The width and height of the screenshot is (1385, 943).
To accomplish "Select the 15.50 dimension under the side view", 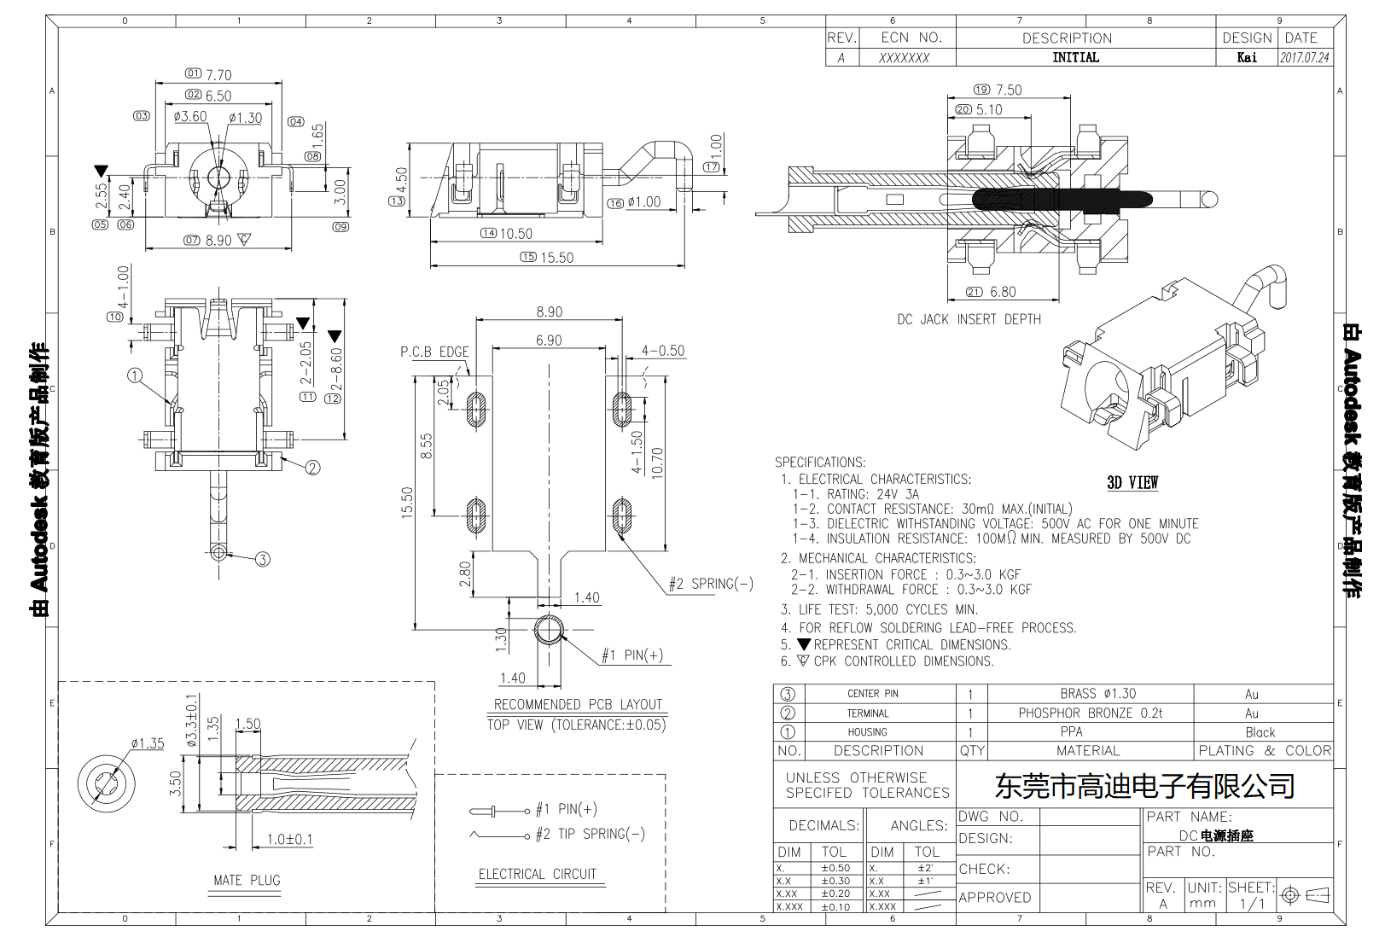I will [556, 258].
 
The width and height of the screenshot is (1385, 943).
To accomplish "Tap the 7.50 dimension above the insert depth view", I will [1008, 90].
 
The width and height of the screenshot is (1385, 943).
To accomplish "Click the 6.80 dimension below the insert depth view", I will [1003, 292].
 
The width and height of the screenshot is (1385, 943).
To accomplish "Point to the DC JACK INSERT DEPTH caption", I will [969, 319].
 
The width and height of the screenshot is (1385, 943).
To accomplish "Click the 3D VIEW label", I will [1132, 483].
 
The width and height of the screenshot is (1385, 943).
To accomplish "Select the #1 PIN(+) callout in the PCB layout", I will [632, 655].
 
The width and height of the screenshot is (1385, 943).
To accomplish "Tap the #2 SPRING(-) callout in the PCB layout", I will [711, 584].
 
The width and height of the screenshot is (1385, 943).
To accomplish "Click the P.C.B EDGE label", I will [434, 352].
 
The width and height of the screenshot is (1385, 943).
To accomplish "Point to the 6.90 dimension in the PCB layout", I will [549, 341].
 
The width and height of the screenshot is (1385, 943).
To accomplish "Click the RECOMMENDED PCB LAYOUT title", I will [578, 704].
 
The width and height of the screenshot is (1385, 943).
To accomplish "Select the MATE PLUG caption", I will [247, 880].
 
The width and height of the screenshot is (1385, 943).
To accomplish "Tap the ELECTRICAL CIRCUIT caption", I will [537, 874].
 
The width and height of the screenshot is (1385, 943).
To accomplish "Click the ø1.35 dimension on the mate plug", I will [147, 743].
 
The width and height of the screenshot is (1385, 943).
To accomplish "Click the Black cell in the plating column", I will [1260, 732].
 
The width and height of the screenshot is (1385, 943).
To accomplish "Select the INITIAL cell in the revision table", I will [1075, 57].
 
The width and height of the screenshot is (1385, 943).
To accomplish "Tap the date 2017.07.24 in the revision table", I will [1304, 58].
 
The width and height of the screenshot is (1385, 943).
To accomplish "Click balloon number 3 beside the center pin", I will [262, 559].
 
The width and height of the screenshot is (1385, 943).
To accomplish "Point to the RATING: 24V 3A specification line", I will [856, 494].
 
